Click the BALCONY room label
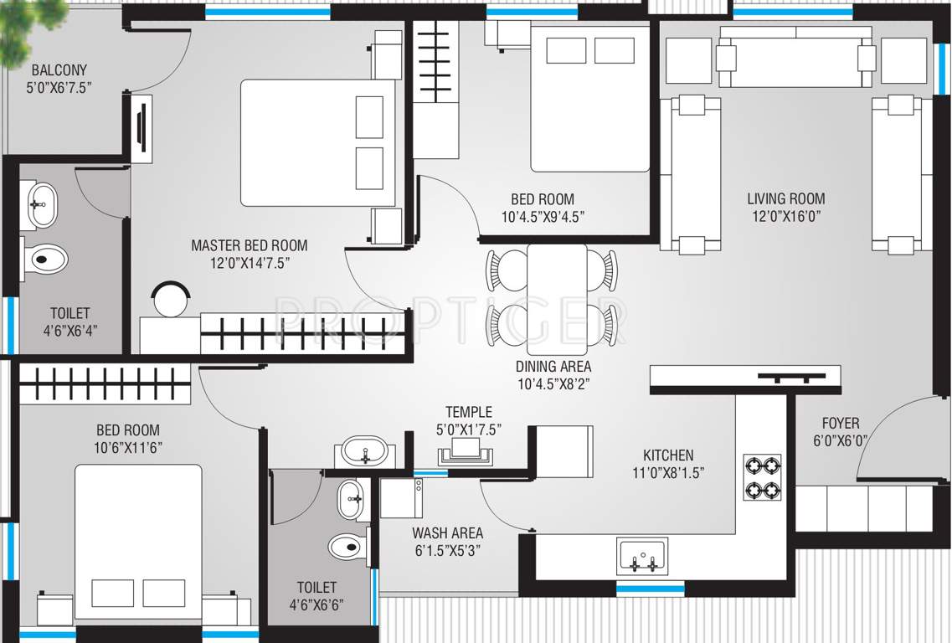(x=59, y=70)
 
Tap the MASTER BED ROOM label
(x=249, y=245)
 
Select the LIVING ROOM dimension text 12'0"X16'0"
(x=785, y=215)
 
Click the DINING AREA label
(x=553, y=366)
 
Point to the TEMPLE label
(x=468, y=412)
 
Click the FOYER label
(x=840, y=424)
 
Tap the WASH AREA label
(x=447, y=532)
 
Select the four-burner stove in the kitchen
(x=762, y=477)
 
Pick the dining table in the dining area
(x=556, y=299)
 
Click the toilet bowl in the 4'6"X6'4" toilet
(x=44, y=259)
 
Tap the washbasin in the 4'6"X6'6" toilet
(x=349, y=500)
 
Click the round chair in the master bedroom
(x=171, y=299)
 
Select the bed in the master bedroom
(x=317, y=142)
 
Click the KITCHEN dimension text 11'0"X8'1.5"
(x=668, y=471)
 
